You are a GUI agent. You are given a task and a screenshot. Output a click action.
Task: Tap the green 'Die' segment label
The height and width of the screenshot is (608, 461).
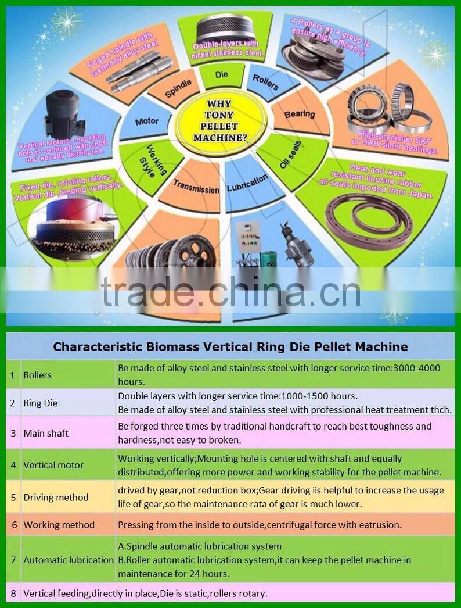click(222, 76)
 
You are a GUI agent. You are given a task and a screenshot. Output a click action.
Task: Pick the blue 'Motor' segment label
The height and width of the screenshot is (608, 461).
click(146, 121)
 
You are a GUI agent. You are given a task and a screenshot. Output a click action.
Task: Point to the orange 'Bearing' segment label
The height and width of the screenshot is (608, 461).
click(300, 114)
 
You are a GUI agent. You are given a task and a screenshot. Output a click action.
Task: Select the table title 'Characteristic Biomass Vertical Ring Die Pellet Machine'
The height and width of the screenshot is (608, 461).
click(230, 347)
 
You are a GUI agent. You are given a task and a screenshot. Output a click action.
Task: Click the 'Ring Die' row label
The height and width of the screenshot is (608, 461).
click(41, 403)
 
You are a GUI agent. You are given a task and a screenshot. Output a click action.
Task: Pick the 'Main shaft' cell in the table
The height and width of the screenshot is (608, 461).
click(46, 433)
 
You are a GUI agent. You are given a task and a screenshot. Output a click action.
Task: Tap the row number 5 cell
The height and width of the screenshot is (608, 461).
click(12, 497)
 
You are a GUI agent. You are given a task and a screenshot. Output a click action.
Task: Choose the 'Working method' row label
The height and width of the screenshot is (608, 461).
click(59, 525)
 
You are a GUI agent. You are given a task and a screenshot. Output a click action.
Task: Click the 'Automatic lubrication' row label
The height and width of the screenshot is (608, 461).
click(69, 560)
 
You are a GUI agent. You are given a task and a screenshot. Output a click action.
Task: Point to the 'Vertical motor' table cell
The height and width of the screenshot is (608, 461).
click(53, 465)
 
